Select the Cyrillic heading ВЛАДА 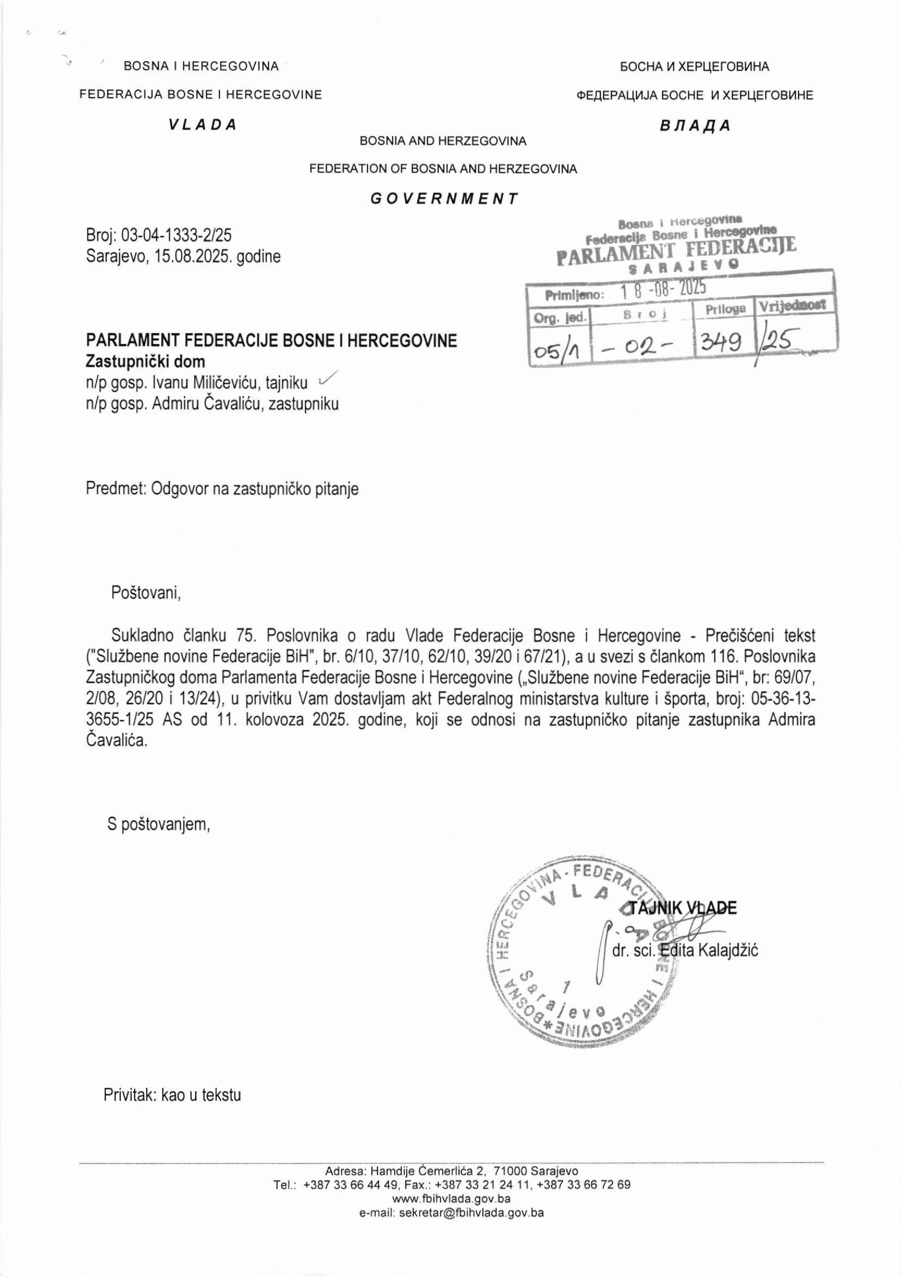tap(695, 126)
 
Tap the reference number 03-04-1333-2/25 tap(176, 236)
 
